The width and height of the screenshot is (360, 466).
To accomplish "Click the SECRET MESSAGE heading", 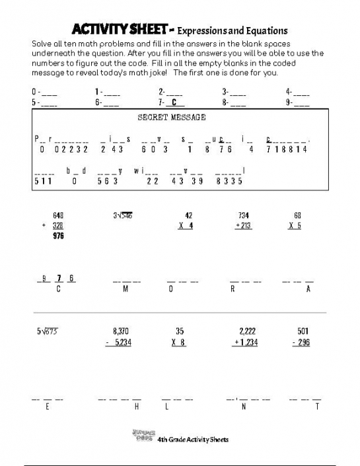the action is [x=171, y=117].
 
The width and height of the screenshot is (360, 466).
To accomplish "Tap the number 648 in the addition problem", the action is [x=57, y=215].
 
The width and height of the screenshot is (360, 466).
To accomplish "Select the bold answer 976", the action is [x=57, y=235].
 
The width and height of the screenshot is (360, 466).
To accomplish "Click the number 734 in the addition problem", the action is [x=244, y=215].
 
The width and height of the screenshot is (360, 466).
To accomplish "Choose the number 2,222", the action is [x=246, y=330].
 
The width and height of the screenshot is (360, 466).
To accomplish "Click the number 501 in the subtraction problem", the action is [x=303, y=330].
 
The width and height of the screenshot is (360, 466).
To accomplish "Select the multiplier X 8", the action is [x=178, y=342].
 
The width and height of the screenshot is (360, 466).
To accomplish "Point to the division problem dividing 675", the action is [x=48, y=330].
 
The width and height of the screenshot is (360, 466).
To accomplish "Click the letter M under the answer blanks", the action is [x=126, y=289].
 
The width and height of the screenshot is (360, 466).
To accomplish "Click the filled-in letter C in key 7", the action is [x=173, y=102].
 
